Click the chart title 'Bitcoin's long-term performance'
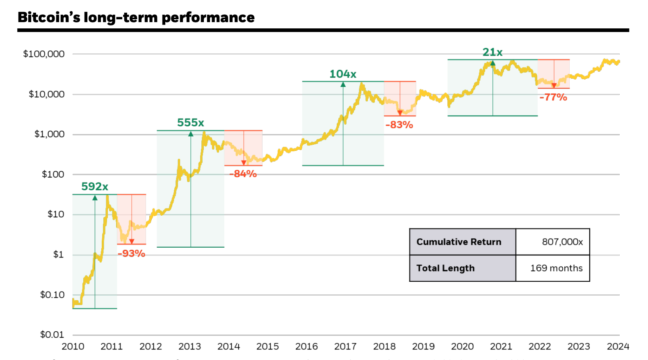136,17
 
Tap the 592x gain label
95,187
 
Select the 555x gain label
191,123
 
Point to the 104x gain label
343,74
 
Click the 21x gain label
493,52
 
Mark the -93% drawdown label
132,254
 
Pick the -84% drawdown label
243,174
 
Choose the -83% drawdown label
399,125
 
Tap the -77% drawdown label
553,97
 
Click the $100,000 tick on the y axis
44,54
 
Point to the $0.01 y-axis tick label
52,335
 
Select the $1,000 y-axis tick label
49,134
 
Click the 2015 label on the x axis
267,346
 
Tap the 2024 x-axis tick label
618,346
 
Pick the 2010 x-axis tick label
73,346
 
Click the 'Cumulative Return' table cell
459,242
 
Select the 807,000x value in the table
562,242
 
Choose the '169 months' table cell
556,268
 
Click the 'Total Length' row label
445,268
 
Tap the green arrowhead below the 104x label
343,84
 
